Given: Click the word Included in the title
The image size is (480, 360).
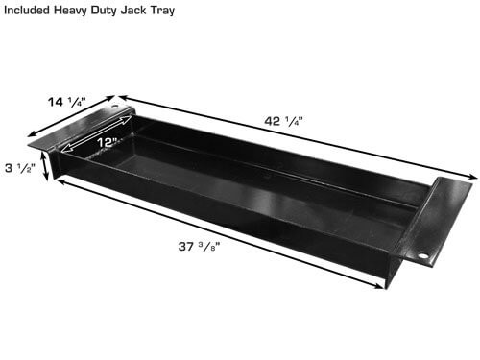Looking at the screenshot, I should [x=28, y=8].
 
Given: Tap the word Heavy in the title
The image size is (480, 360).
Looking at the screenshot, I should [x=77, y=8].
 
